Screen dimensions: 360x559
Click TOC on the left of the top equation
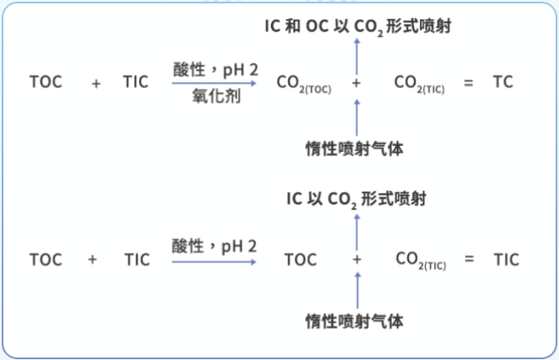[45, 82]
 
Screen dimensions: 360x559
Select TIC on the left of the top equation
[135, 82]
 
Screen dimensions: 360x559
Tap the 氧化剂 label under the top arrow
[216, 98]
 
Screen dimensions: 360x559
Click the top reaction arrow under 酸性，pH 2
[216, 84]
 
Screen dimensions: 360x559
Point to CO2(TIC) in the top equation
[419, 84]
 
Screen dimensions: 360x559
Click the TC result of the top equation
[503, 82]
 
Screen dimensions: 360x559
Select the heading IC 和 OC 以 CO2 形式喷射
[358, 27]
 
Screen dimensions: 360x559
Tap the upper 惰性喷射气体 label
[355, 148]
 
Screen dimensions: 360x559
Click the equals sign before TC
[469, 83]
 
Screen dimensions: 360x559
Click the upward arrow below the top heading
[357, 54]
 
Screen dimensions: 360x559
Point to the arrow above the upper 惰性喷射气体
[357, 116]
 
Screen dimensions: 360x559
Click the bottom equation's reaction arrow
[216, 261]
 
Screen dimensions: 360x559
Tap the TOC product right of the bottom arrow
[300, 259]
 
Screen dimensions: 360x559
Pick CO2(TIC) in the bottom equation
[420, 260]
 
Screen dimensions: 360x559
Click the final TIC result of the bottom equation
[506, 259]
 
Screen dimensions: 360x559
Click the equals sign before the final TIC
[469, 259]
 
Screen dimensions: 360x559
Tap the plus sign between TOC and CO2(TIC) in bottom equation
[357, 259]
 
